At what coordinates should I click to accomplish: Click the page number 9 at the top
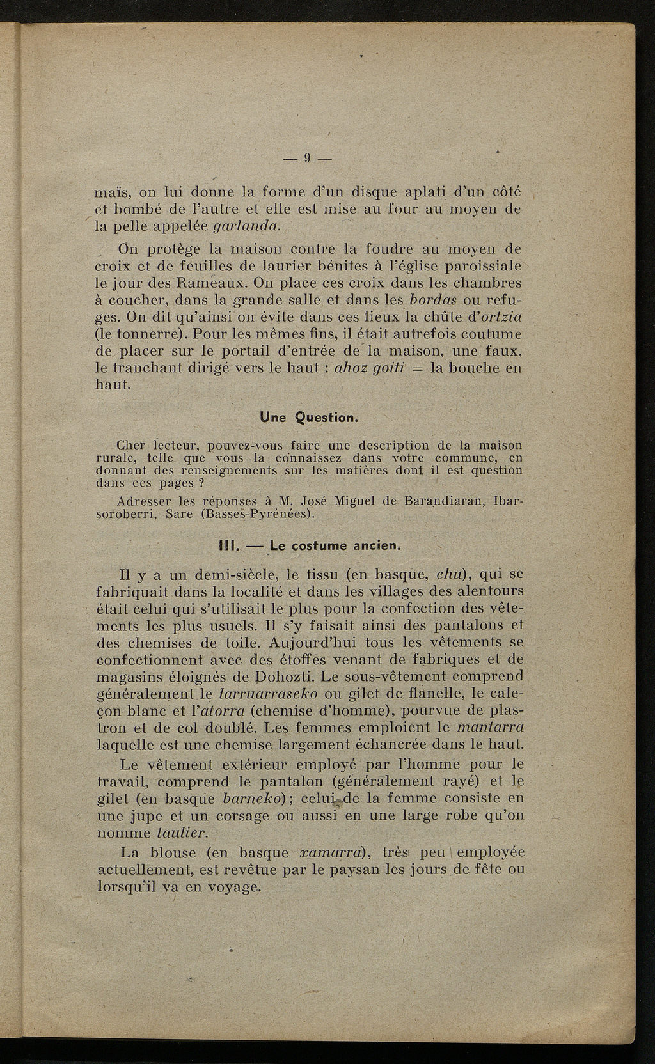[308, 158]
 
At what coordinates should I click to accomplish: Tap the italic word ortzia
[500, 317]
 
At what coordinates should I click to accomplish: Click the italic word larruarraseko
[265, 694]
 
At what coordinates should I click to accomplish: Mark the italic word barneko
[250, 799]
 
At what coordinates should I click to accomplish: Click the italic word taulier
[182, 833]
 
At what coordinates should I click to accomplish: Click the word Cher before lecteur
[132, 446]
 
